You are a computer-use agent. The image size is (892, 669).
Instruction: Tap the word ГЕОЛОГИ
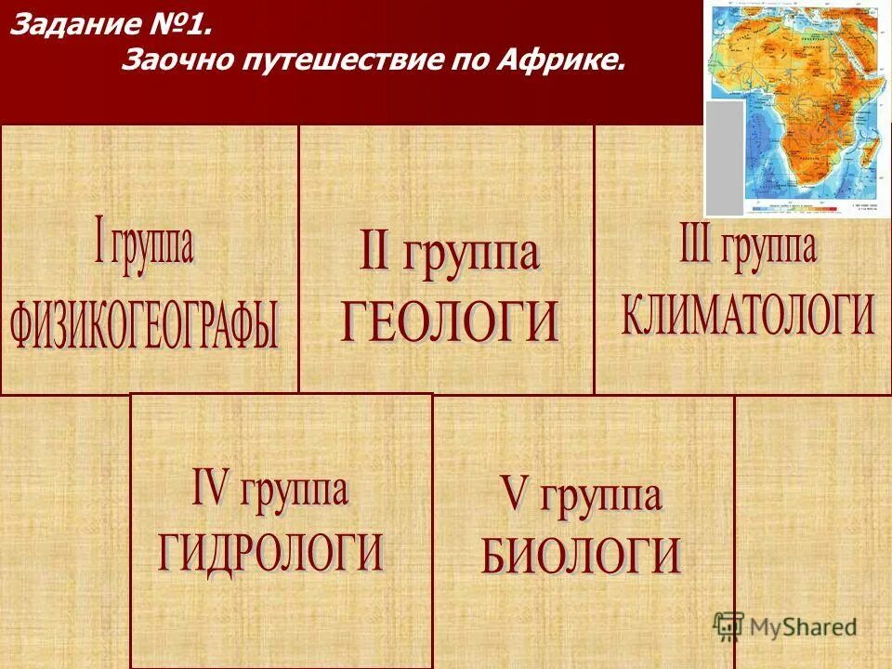pyautogui.click(x=450, y=321)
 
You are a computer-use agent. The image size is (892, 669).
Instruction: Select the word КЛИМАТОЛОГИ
pyautogui.click(x=748, y=315)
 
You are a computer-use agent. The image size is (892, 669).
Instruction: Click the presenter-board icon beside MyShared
pyautogui.click(x=730, y=625)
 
